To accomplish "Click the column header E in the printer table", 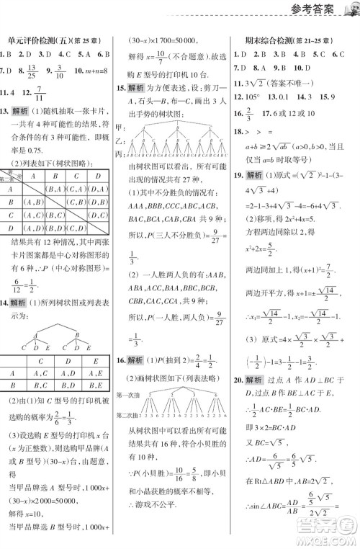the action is coord(94,360).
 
